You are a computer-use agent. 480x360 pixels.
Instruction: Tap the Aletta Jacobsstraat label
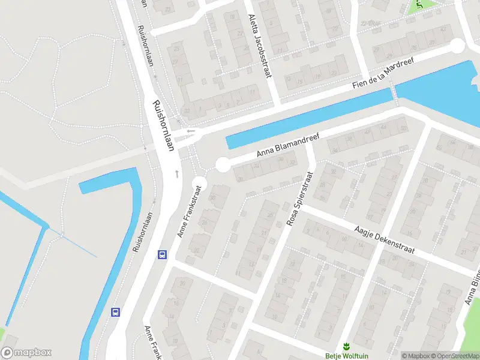click(x=259, y=45)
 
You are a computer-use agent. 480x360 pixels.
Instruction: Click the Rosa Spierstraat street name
click(x=301, y=200)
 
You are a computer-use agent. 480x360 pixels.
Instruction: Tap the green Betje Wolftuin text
click(x=346, y=355)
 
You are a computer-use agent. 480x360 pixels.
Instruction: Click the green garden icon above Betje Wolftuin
click(x=346, y=345)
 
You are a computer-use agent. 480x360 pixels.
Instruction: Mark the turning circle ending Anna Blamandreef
click(x=223, y=164)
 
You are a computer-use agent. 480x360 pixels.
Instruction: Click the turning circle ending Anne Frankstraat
click(x=199, y=183)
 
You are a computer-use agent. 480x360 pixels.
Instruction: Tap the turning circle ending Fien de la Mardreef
click(x=457, y=46)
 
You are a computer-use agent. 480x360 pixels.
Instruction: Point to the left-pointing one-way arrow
click(x=191, y=131)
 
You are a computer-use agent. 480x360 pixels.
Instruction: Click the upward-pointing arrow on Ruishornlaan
click(x=177, y=173)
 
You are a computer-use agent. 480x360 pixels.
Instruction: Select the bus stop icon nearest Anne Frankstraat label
click(x=162, y=254)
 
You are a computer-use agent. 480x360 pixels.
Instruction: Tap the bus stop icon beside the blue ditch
click(x=115, y=312)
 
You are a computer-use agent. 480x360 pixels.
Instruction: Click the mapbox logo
click(x=26, y=353)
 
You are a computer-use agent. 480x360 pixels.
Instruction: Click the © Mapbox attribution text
click(x=413, y=356)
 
